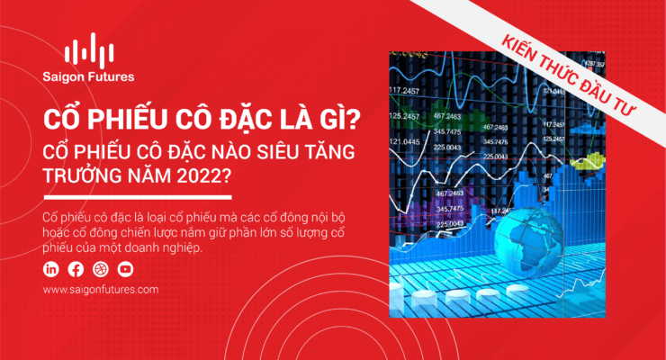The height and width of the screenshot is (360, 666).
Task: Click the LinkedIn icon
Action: [x=51, y=269]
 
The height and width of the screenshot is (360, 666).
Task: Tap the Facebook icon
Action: [x=76, y=269]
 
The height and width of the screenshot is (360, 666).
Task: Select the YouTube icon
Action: [x=125, y=269]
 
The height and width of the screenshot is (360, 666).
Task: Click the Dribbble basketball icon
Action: [x=101, y=269]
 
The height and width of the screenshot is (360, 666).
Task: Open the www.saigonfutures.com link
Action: [x=101, y=290]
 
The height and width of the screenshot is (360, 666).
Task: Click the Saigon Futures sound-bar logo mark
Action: [x=89, y=50]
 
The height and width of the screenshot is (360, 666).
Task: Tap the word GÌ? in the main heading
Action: [x=338, y=120]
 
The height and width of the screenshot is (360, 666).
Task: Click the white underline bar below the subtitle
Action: [x=138, y=197]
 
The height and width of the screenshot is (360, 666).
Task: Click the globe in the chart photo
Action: [x=529, y=239]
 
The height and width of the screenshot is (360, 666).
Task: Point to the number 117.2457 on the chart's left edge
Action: [x=404, y=90]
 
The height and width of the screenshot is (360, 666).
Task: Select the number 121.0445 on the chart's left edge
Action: [x=404, y=141]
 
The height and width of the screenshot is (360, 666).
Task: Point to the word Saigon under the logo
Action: [x=63, y=77]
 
